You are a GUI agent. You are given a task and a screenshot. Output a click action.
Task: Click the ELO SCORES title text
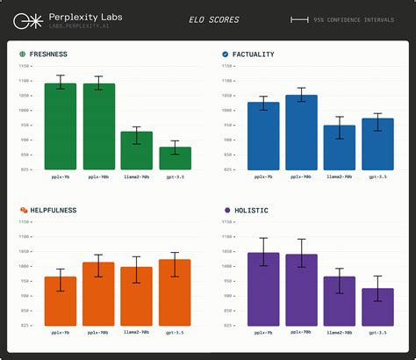213,19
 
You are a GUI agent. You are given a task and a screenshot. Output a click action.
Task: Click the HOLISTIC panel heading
251,211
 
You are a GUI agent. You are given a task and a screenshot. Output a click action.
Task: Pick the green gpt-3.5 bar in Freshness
176,158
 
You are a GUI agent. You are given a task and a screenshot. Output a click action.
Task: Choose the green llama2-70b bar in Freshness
137,150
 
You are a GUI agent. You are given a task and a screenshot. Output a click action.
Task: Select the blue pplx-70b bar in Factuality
301,132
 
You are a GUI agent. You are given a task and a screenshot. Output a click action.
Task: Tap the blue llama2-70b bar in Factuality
340,148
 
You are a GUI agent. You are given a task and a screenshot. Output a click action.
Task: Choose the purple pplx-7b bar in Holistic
263,289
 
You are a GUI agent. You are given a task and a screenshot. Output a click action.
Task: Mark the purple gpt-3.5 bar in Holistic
377,306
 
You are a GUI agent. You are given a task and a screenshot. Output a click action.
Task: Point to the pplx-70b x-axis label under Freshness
98,177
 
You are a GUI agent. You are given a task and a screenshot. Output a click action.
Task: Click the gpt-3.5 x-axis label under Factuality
377,177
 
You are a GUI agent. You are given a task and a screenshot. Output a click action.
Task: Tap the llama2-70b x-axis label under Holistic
340,334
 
